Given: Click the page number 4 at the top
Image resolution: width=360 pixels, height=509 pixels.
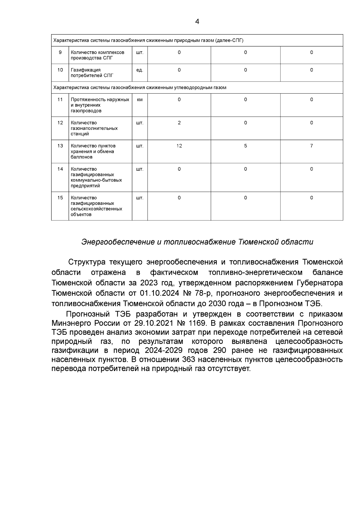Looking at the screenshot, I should click(x=197, y=22).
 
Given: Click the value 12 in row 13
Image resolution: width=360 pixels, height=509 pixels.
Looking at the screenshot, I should click(x=179, y=146).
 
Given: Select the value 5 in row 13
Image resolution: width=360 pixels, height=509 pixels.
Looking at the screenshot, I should click(x=245, y=146).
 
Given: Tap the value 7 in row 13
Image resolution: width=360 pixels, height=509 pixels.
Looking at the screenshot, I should click(x=311, y=146).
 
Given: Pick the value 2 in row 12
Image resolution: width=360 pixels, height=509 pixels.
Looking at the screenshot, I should click(x=179, y=123).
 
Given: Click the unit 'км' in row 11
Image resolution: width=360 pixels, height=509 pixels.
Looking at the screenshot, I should click(x=140, y=100).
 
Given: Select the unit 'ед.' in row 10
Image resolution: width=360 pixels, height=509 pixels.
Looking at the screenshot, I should click(x=140, y=70).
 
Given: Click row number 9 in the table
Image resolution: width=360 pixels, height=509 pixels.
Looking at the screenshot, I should click(x=60, y=52).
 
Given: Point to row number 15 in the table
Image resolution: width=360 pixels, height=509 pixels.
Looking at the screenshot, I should click(x=60, y=198).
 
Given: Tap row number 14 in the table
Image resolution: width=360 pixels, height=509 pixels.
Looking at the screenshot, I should click(x=60, y=169).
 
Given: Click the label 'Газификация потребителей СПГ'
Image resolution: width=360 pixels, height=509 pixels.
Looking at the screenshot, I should click(x=92, y=73).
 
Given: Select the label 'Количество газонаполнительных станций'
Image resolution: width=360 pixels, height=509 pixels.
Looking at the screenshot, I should click(x=94, y=128).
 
